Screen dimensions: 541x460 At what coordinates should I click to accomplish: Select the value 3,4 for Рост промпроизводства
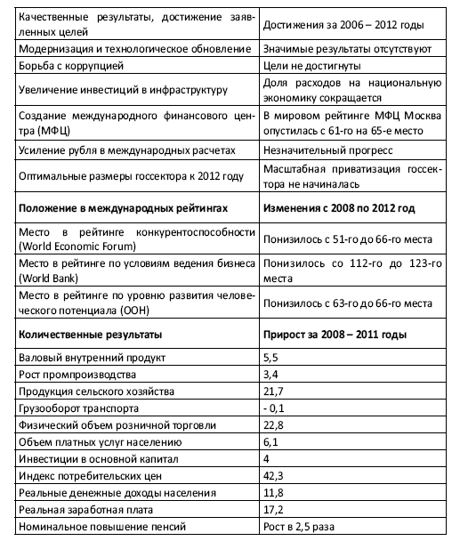270,375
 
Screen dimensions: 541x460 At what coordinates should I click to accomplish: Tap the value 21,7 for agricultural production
273,392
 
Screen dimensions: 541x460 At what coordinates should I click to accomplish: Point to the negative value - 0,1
273,408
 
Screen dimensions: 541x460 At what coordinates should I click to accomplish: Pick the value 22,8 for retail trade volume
273,424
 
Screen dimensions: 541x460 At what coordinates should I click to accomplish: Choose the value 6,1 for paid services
270,441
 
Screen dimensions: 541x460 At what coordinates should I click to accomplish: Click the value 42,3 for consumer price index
273,475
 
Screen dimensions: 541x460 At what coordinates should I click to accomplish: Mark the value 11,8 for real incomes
273,492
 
